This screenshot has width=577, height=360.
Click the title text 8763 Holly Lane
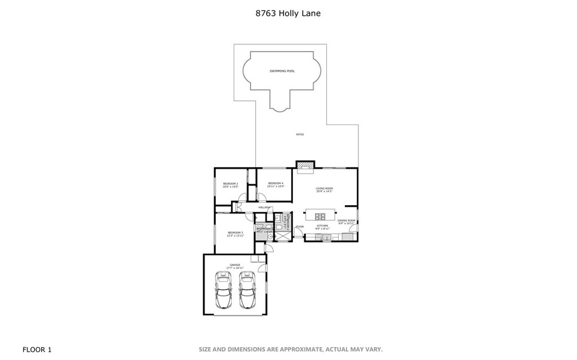point(288,13)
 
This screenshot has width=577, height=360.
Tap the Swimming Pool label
point(282,71)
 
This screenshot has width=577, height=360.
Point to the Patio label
point(300,134)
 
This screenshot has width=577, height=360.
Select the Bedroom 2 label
point(230,184)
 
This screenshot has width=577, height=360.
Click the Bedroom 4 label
point(276,183)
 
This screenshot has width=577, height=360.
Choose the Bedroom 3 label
point(235,233)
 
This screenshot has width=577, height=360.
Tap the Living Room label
point(324,188)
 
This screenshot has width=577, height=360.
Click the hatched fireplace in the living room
point(305,165)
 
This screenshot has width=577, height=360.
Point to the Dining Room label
point(347,220)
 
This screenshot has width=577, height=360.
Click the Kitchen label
point(322,226)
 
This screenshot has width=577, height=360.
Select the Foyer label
point(299,226)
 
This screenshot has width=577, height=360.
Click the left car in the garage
point(223,290)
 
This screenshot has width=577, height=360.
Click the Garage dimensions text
point(234,268)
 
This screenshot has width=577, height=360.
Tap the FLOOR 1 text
point(37,350)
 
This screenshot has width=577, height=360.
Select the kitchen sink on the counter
point(326,238)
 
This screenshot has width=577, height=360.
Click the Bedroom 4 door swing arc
point(261,197)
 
